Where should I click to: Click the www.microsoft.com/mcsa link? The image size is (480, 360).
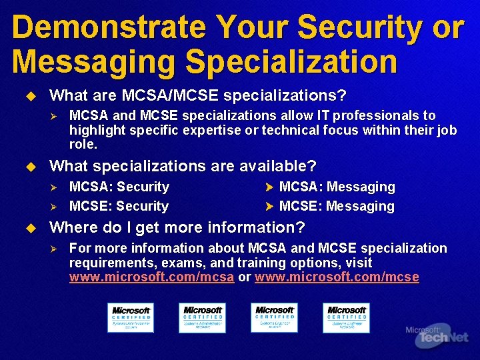click(x=151, y=277)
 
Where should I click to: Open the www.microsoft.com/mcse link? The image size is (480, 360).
click(x=337, y=277)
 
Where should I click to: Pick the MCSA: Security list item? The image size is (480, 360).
click(x=119, y=187)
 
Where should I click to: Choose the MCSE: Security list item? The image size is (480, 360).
click(x=119, y=206)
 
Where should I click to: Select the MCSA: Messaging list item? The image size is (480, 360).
click(x=337, y=187)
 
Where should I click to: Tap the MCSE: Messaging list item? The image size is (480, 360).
click(x=337, y=206)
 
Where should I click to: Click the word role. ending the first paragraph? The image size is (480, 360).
click(x=83, y=144)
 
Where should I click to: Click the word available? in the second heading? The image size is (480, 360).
click(x=279, y=165)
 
